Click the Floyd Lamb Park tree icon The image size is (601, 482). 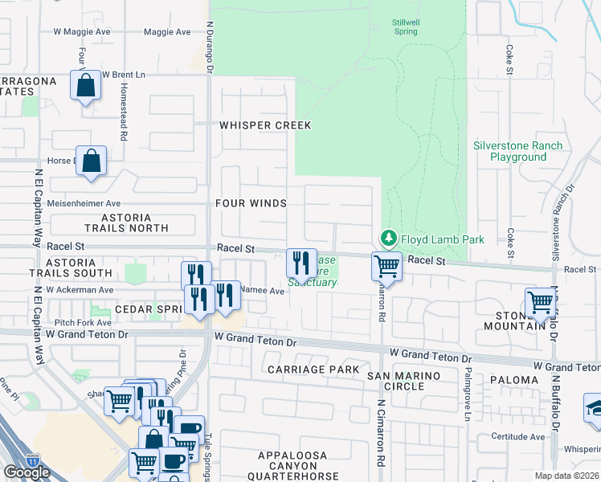(x=388, y=238)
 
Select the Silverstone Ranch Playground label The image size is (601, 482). (x=517, y=151)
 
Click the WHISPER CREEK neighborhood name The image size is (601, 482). (x=265, y=126)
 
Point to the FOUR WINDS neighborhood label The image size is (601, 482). (x=250, y=203)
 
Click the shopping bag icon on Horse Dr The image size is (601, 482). (x=92, y=160)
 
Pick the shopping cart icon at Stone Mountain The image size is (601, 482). (x=541, y=303)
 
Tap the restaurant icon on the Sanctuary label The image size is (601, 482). (x=301, y=262)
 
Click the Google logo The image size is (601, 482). (x=27, y=472)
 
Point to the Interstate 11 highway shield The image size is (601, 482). (x=33, y=460)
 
